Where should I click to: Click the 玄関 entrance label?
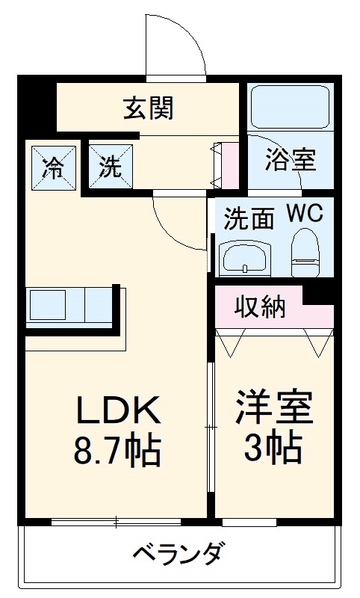pyautogui.click(x=149, y=108)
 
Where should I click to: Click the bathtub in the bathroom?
pyautogui.click(x=291, y=108)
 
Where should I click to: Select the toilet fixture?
pyautogui.click(x=304, y=254)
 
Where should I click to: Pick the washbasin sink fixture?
pyautogui.click(x=244, y=258)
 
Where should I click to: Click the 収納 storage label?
pyautogui.click(x=260, y=306)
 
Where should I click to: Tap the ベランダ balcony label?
pyautogui.click(x=178, y=555)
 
